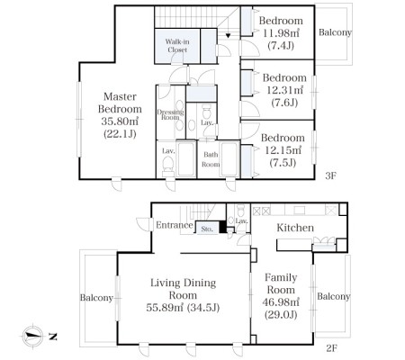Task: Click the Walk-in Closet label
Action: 177,46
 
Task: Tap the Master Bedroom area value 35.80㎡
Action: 120,121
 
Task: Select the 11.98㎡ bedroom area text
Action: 281,33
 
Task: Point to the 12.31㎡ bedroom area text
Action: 284,90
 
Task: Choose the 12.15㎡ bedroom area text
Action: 283,150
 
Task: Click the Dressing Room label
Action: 170,114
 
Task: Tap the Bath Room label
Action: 211,159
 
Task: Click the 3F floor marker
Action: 330,175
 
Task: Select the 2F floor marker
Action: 331,348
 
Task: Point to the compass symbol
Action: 33,337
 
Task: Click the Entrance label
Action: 175,225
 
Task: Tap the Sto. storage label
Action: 207,229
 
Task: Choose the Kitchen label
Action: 295,228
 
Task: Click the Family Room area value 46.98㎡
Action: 281,302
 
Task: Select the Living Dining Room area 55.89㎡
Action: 165,308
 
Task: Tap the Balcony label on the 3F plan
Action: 335,32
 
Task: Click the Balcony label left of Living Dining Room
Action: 96,298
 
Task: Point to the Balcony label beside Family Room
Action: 334,296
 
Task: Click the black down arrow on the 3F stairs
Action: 228,36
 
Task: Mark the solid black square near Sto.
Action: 223,227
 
